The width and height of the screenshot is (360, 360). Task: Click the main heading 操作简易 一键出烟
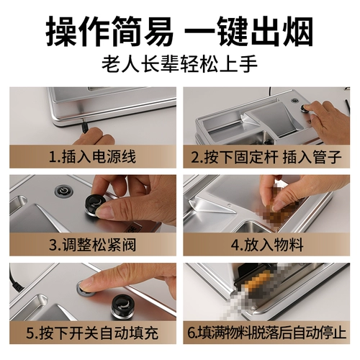(x=179, y=31)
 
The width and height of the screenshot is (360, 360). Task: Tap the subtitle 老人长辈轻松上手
(x=179, y=64)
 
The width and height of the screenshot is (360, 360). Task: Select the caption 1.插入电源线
(x=92, y=156)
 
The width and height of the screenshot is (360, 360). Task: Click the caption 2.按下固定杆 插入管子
(x=266, y=156)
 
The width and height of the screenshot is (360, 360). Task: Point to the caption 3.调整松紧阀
(x=92, y=245)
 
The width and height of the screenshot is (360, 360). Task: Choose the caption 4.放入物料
(x=267, y=245)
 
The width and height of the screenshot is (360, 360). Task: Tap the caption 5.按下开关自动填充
(x=92, y=333)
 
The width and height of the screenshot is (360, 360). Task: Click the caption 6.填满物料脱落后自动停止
(x=266, y=333)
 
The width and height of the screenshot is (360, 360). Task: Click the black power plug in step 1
(x=84, y=127)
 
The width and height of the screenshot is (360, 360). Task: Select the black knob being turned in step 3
(x=94, y=205)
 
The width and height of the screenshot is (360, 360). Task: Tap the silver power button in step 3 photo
(x=63, y=192)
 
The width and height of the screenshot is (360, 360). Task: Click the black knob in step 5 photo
(x=123, y=307)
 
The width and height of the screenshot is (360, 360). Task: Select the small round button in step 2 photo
(x=294, y=101)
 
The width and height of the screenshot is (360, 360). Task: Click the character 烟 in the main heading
(x=297, y=31)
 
